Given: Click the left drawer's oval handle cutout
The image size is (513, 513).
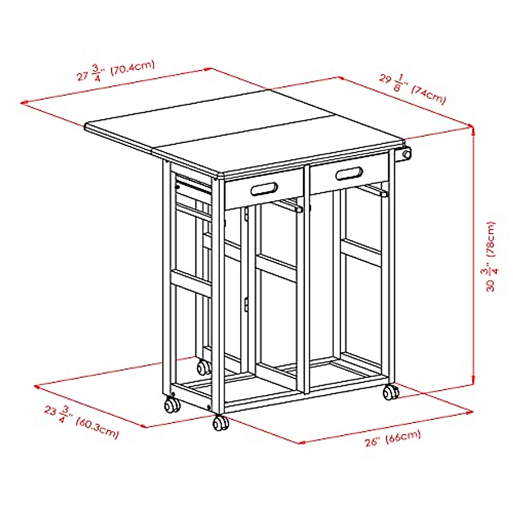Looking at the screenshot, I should click(265, 189).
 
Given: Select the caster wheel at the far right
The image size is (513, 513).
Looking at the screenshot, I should click(390, 392).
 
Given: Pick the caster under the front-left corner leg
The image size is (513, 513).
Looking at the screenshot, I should click(172, 404).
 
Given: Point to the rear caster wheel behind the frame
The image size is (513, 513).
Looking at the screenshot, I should click(203, 367).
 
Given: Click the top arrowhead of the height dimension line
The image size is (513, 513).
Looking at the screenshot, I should click(473, 127).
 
